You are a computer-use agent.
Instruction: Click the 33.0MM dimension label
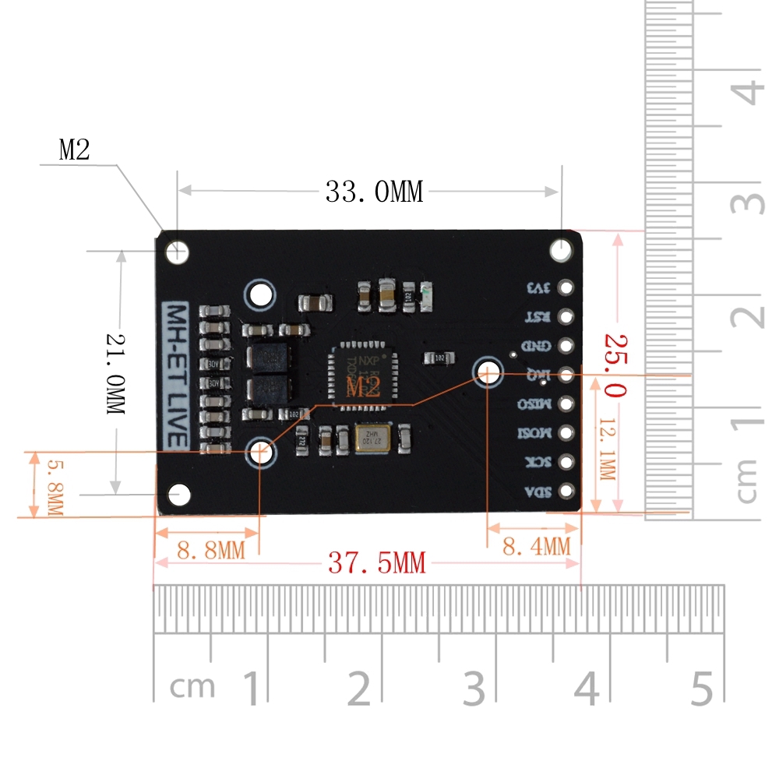coord(374,192)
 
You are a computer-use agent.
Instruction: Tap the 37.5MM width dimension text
coord(377,562)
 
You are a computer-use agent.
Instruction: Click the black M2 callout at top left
coord(75,150)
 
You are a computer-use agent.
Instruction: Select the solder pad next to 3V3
coord(566,287)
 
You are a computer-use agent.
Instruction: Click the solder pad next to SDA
coord(566,492)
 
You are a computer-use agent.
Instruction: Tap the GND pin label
coord(539,346)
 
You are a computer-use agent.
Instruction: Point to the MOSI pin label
coord(536,433)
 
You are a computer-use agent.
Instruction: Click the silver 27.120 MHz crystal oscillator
coord(373,439)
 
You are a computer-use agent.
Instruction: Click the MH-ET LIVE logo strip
coord(174,375)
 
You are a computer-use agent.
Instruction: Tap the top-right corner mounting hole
coord(562,251)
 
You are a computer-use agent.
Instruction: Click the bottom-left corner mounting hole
coord(180,493)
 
